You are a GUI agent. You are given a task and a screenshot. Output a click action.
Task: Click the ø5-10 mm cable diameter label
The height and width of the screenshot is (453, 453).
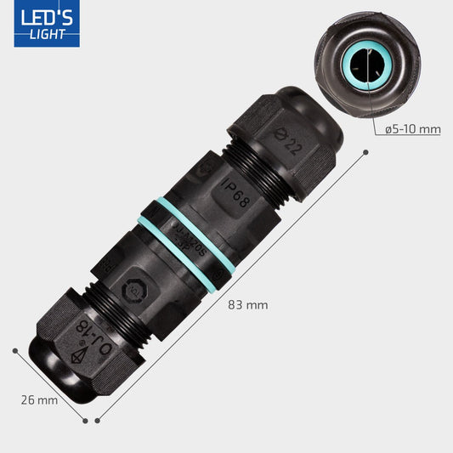(x=412, y=129)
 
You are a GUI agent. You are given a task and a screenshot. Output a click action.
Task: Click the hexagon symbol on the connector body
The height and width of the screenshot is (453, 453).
(x=134, y=290)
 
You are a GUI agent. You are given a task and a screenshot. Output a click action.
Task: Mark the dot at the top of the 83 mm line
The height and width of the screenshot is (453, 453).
(x=365, y=153)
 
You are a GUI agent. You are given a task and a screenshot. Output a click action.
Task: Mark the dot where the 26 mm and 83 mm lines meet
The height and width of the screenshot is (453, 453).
(x=88, y=419)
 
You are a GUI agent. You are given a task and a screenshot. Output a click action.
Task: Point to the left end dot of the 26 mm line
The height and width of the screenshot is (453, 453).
(x=15, y=349)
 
